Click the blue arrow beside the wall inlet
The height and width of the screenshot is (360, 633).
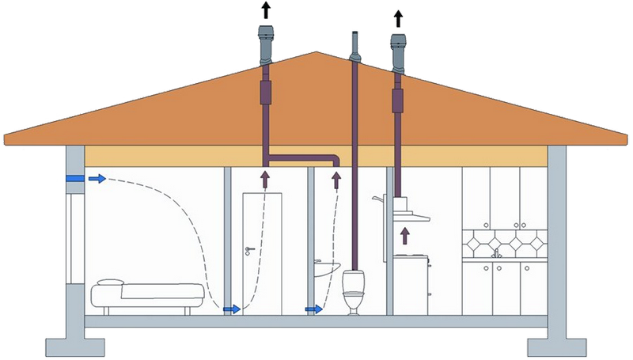pyautogui.click(x=97, y=180)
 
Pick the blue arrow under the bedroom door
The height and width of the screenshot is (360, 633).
pyautogui.click(x=232, y=309)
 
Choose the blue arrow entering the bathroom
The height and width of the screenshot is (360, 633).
pyautogui.click(x=314, y=309)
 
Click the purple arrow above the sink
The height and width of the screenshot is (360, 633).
pyautogui.click(x=336, y=180)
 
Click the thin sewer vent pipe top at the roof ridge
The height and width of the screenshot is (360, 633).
pyautogui.click(x=355, y=44)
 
